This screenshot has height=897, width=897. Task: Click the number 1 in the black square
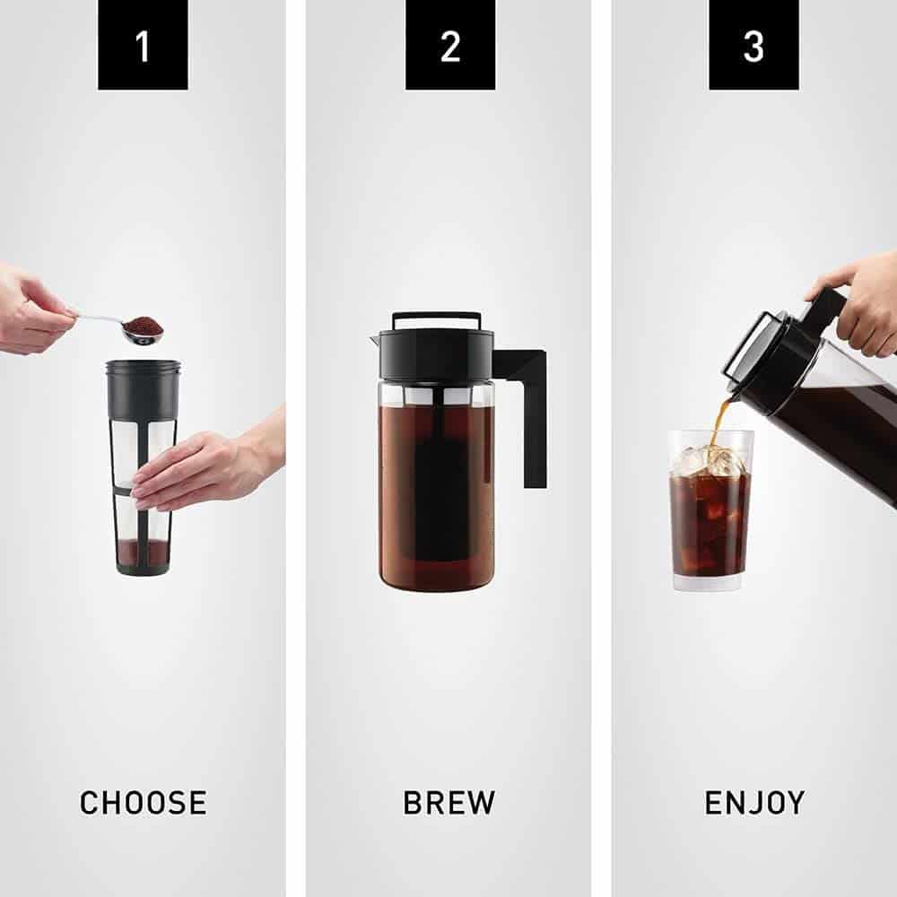click(143, 45)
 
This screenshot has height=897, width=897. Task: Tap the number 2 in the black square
click(450, 45)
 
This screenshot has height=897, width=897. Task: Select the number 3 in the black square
click(753, 45)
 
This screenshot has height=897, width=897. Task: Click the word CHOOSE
click(143, 802)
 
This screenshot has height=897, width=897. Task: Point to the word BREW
click(448, 802)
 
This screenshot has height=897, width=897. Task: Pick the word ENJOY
click(754, 802)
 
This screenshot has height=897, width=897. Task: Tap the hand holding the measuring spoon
click(31, 309)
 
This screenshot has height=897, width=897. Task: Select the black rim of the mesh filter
click(143, 368)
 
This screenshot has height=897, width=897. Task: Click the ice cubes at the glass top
click(709, 460)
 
